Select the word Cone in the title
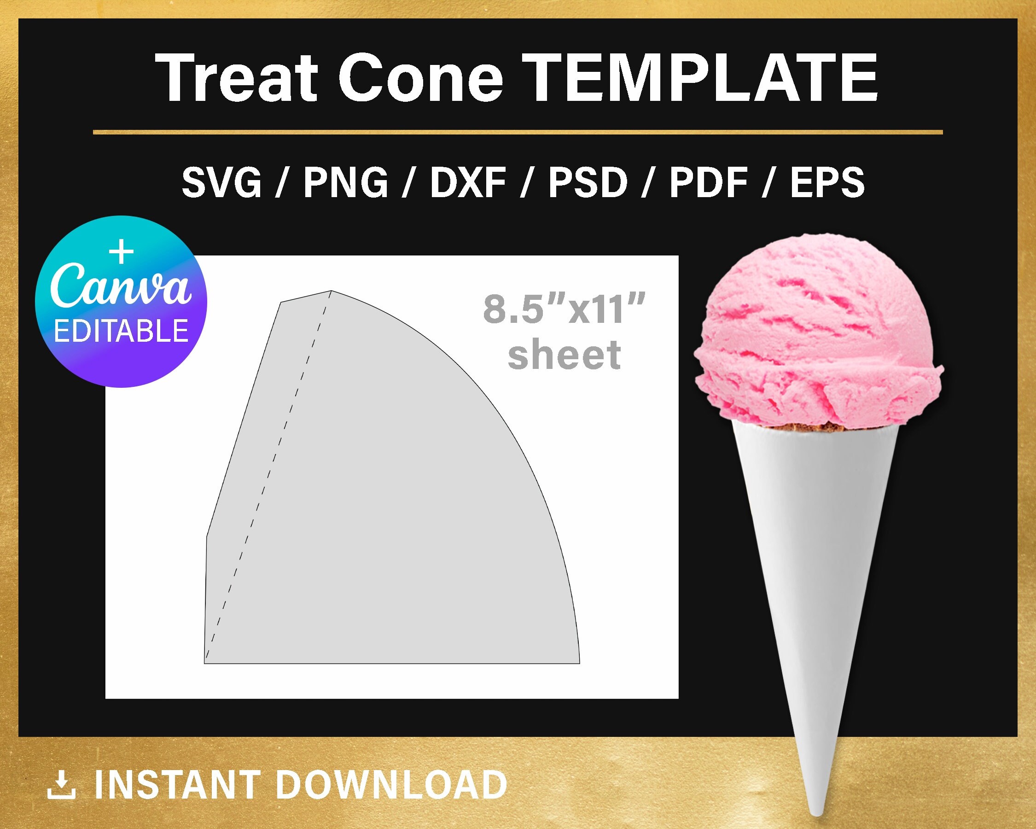pos(424,78)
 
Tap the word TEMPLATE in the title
pos(699,78)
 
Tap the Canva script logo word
pos(121,286)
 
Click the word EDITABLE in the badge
pos(121,331)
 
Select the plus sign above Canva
pos(122,253)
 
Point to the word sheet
pos(564,355)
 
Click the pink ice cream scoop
pos(817,336)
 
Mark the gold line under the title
pos(518,132)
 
